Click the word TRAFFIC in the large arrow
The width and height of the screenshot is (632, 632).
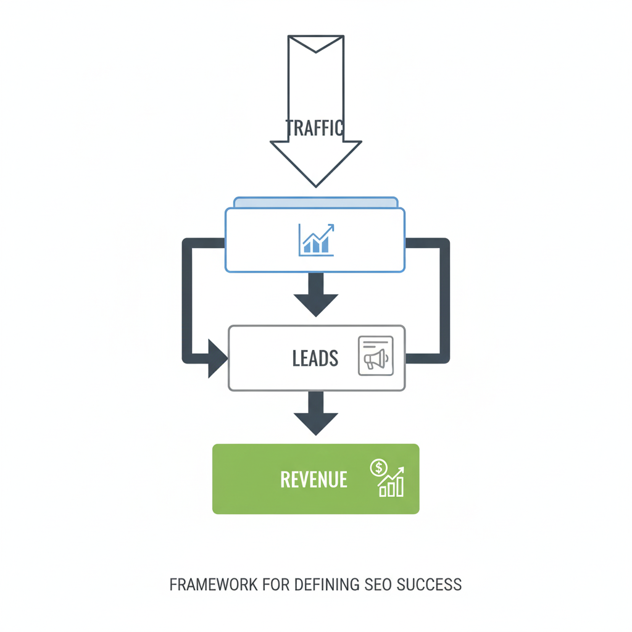pos(315,128)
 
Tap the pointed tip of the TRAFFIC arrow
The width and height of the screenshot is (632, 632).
pos(315,185)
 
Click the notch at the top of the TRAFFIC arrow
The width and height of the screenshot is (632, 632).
pos(315,49)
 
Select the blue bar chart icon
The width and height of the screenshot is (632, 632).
pos(316,240)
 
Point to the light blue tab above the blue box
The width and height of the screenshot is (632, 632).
pos(315,202)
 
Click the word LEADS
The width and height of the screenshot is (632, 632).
pos(315,359)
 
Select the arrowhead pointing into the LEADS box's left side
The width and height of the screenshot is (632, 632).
pos(217,358)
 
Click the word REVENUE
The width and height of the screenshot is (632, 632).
pos(314,480)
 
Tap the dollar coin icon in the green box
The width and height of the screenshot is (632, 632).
pos(378,468)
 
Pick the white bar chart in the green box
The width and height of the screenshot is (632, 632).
pos(392,484)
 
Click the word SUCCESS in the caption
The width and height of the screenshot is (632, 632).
pos(432,584)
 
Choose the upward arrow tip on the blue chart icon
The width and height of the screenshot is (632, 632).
pos(332,227)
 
